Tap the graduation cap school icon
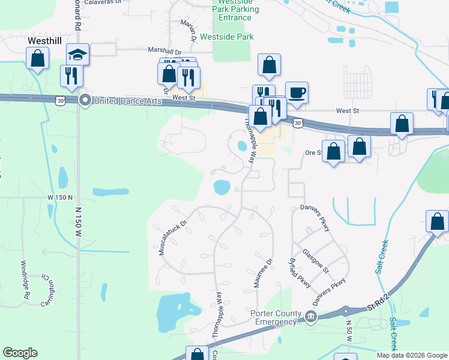coord(78,54)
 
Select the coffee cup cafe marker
coord(297,93)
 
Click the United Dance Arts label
coord(127,101)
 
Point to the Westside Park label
coord(227,37)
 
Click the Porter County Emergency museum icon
coord(310,316)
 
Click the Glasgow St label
coord(316,261)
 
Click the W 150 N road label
coord(60,197)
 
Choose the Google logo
coord(20,353)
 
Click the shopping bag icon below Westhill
coord(38,59)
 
